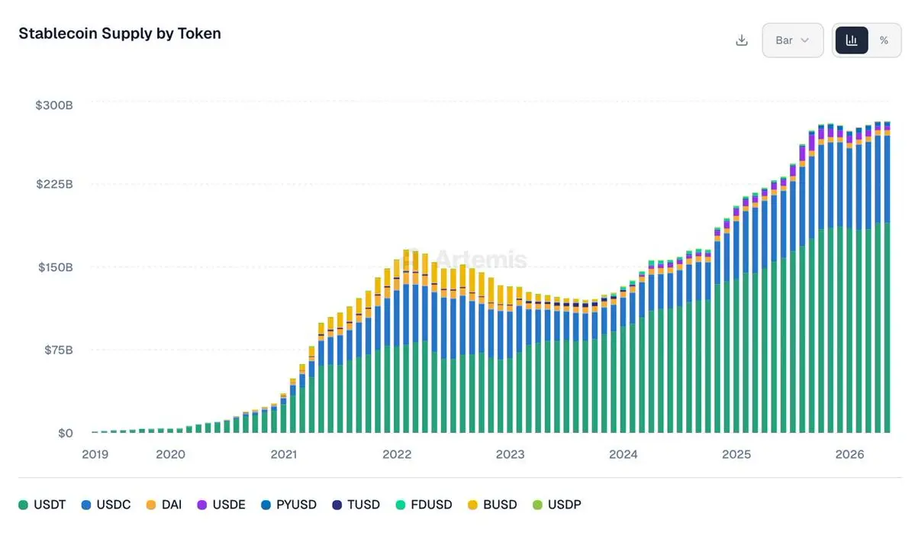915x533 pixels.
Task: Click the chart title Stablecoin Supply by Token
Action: [120, 34]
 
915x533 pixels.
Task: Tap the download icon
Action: [742, 40]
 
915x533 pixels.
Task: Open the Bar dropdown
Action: [792, 40]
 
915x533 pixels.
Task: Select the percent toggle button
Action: [884, 40]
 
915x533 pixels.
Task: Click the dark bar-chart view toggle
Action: [852, 40]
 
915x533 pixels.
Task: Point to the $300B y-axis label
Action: [54, 105]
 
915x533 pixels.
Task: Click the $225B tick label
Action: [54, 184]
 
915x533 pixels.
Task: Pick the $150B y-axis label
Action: [56, 266]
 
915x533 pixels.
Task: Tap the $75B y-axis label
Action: [58, 350]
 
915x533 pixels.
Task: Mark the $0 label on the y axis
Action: [66, 433]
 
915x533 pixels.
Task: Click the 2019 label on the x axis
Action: [95, 454]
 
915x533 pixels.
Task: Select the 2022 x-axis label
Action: [397, 454]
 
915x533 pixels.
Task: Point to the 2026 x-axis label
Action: [849, 454]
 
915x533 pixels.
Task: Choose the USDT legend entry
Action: [42, 505]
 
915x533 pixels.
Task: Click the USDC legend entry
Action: [106, 505]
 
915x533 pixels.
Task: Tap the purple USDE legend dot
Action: [202, 505]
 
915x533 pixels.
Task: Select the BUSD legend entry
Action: [492, 505]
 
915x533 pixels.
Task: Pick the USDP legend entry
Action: [557, 505]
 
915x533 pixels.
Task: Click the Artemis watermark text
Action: [481, 259]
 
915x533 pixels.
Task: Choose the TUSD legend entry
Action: [356, 505]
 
